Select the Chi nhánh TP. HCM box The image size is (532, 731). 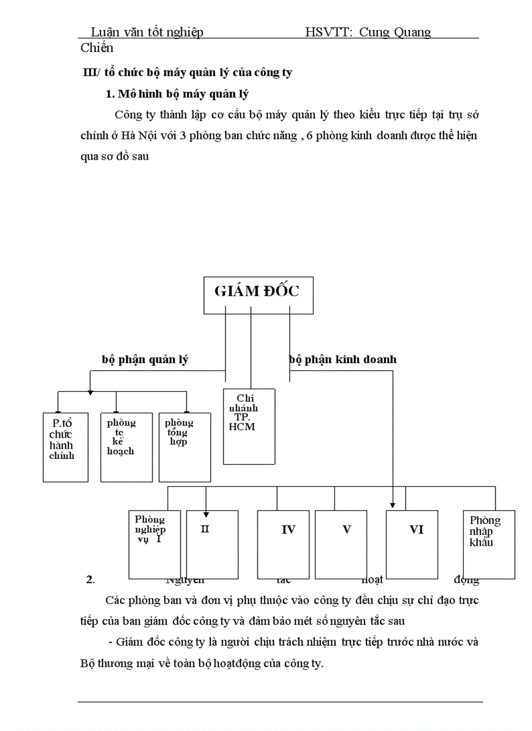coord(248,426)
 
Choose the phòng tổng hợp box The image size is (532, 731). coord(185,447)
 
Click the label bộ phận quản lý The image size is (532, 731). coord(145,359)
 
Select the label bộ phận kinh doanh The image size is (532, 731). coord(343,359)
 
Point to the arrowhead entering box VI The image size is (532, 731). coord(393,504)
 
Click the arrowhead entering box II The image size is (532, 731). coord(206,512)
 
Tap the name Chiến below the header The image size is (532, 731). coord(97,48)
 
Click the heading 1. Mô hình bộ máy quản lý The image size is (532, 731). coord(177,94)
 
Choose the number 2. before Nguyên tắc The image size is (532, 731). coord(91,579)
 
